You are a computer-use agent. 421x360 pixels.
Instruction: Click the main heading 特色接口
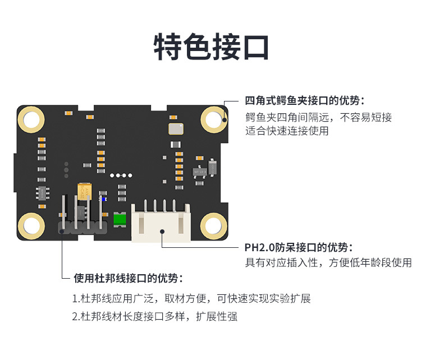(211, 47)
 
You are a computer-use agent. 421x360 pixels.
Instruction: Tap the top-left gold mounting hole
(31, 119)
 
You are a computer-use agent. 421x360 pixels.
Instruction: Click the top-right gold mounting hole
(214, 119)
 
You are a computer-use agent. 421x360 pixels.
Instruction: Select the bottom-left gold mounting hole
(31, 226)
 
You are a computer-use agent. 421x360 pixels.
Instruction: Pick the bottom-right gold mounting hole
(214, 226)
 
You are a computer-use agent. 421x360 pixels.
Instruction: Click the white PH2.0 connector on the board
(161, 223)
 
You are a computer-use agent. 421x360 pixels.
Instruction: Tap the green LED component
(120, 220)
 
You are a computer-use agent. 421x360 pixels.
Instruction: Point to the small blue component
(103, 198)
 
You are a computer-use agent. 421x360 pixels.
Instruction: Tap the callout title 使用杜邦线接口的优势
(129, 278)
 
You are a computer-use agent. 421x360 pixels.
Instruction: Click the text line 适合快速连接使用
(287, 131)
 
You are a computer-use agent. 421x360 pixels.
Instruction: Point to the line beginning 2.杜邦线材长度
(154, 316)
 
